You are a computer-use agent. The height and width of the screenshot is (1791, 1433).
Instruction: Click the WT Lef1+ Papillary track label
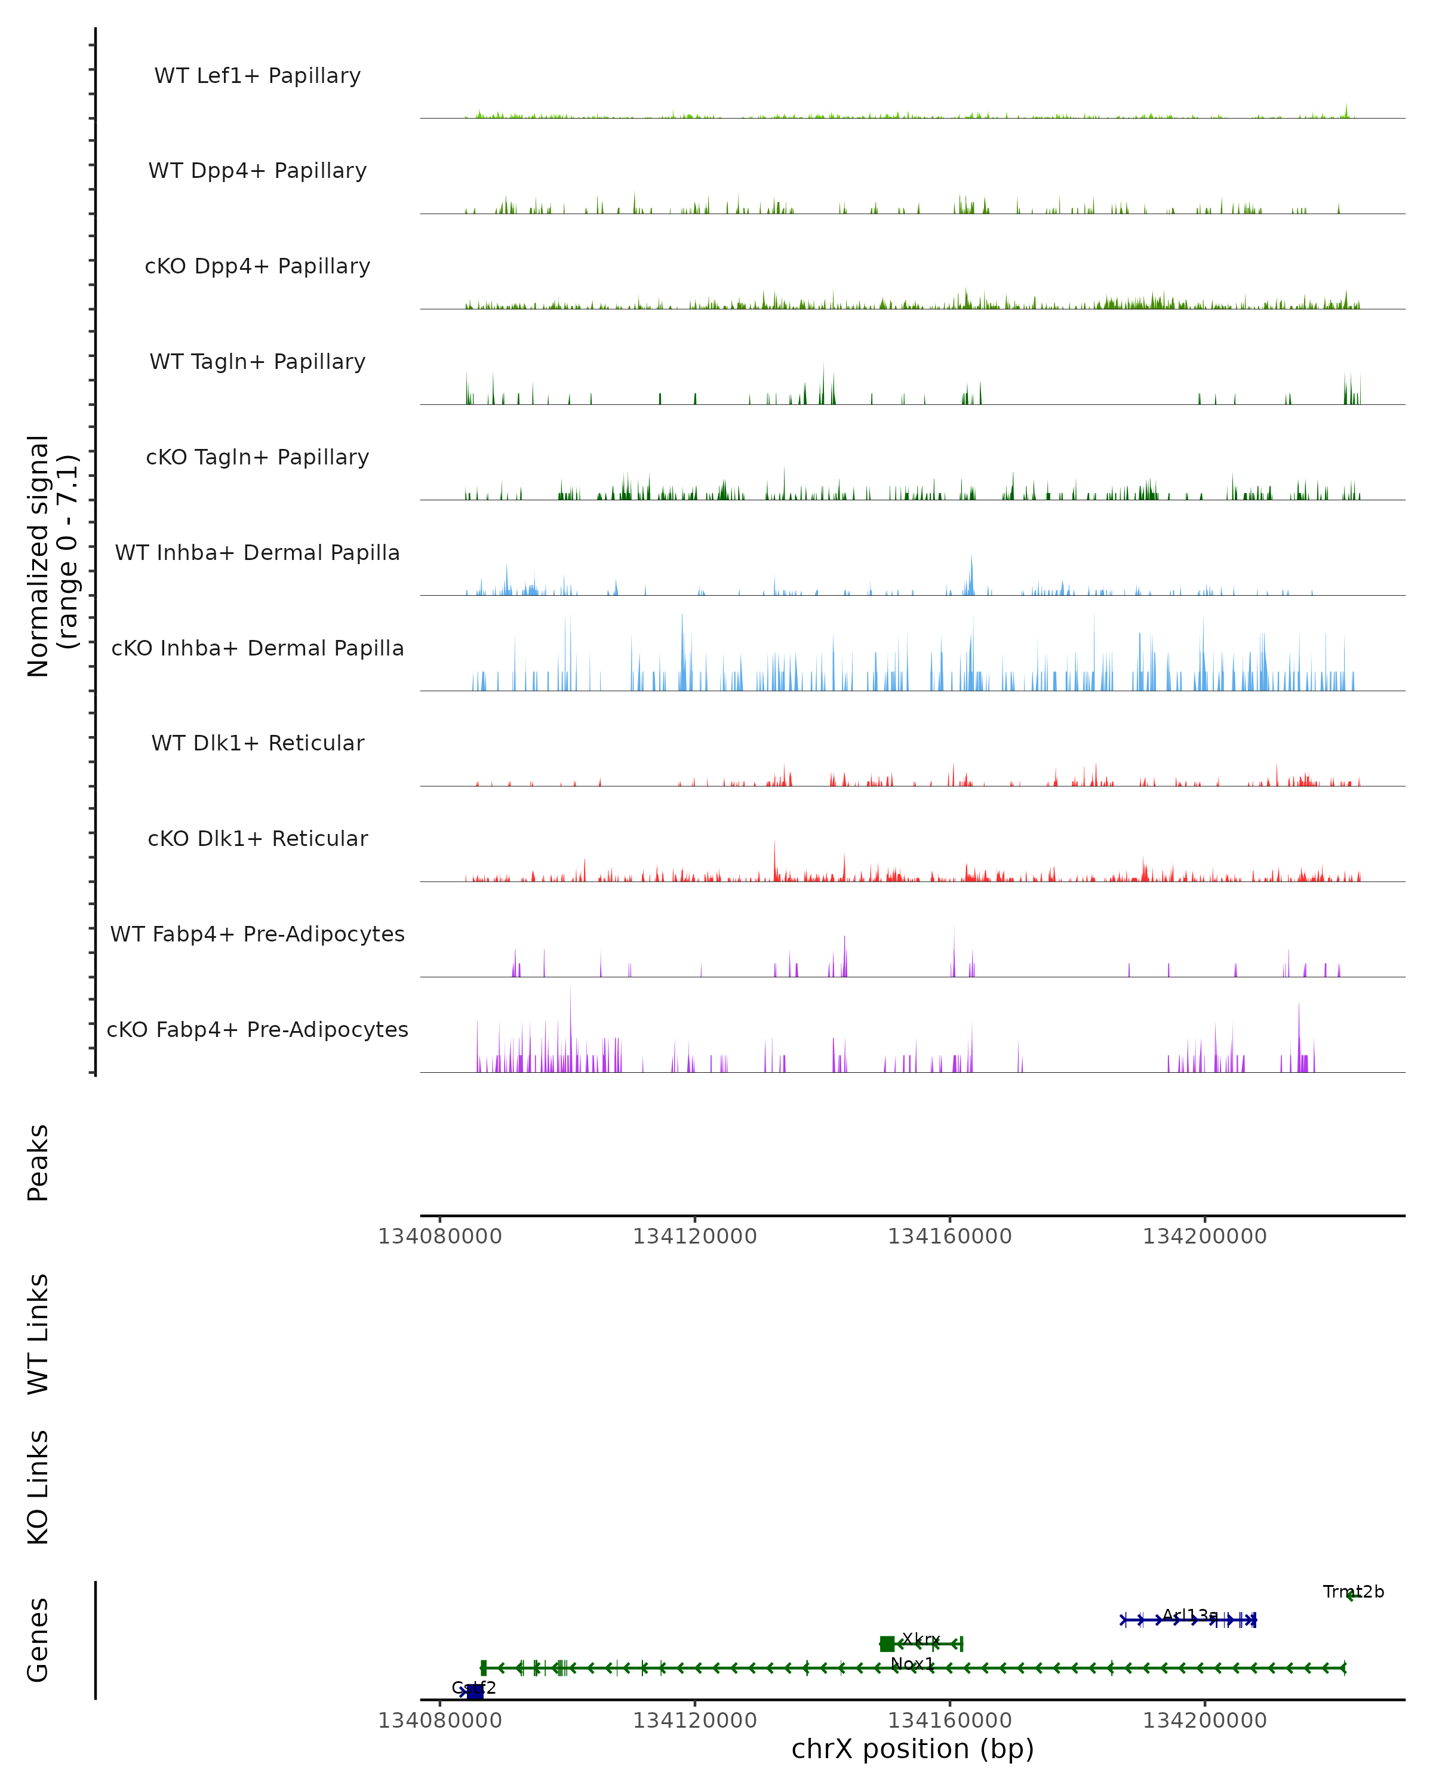257,76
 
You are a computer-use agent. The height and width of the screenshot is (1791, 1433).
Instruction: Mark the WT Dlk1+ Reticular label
257,743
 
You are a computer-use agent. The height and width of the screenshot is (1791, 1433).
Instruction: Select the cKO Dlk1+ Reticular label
257,838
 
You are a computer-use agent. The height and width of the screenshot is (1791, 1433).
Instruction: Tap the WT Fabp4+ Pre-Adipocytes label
257,934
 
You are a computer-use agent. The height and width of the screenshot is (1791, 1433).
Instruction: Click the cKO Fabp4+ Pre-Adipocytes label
257,1029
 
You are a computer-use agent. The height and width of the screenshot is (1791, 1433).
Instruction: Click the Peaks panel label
38,1162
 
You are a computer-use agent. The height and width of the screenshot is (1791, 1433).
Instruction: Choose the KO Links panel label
38,1487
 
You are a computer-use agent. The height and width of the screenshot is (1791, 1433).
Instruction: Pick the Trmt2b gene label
1353,1592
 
